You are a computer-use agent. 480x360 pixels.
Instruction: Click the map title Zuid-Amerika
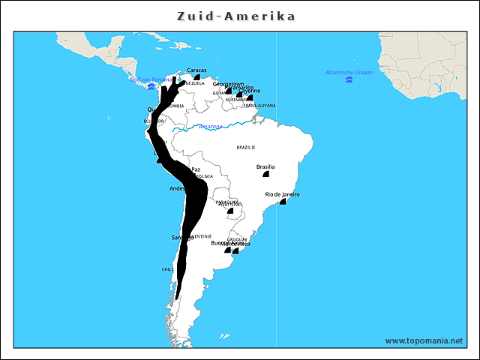(x=236, y=16)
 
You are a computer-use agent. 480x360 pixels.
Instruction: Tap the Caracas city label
(x=196, y=70)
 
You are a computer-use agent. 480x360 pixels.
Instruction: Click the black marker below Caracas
(x=196, y=77)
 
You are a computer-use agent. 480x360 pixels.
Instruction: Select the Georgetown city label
(x=228, y=84)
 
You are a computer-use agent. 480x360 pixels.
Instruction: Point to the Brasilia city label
(x=265, y=166)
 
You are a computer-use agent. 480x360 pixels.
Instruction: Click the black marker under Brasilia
(x=265, y=175)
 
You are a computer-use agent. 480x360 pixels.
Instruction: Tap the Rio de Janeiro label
(x=283, y=194)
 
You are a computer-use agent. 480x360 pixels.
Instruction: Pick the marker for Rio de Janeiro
(x=283, y=202)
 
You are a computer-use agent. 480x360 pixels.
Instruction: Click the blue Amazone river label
(x=210, y=127)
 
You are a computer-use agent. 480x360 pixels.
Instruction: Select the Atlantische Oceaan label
(x=349, y=72)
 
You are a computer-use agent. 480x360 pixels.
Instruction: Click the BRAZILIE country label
(x=246, y=147)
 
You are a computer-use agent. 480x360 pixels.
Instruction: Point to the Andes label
(x=178, y=188)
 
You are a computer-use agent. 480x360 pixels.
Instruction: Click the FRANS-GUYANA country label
(x=259, y=106)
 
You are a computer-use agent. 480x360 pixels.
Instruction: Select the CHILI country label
(x=168, y=268)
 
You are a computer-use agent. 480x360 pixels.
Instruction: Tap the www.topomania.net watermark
(x=424, y=340)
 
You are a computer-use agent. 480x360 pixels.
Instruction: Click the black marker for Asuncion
(x=230, y=211)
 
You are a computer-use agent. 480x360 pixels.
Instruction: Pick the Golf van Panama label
(x=151, y=79)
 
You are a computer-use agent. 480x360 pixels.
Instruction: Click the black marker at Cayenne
(x=250, y=98)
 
